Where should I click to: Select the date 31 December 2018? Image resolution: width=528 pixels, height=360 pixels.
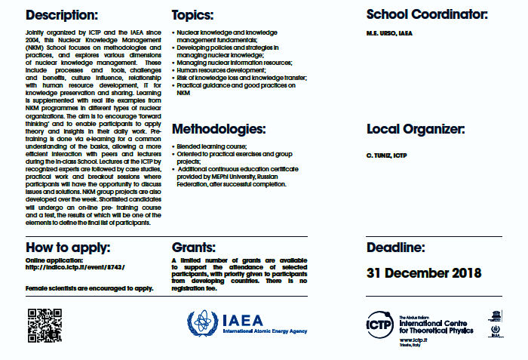click(x=424, y=273)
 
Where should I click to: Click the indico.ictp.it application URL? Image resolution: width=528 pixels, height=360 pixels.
click(x=75, y=267)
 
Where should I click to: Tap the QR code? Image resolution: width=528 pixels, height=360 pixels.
click(x=44, y=326)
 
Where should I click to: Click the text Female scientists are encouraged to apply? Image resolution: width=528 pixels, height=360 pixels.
click(x=89, y=288)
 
